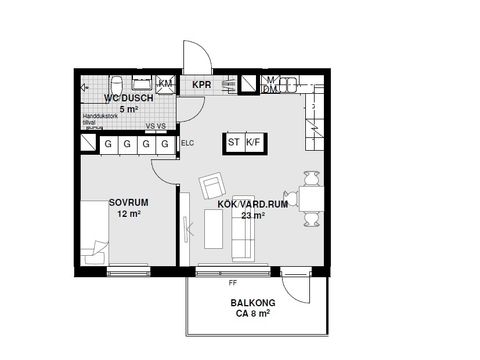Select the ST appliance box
coord(233,143)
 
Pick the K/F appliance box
coord(253,143)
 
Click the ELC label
coord(187,143)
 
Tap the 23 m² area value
coord(253,215)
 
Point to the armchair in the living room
coord(213,187)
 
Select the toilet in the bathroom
coord(116,83)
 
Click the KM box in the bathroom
coord(165,83)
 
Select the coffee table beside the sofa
coord(214,228)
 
